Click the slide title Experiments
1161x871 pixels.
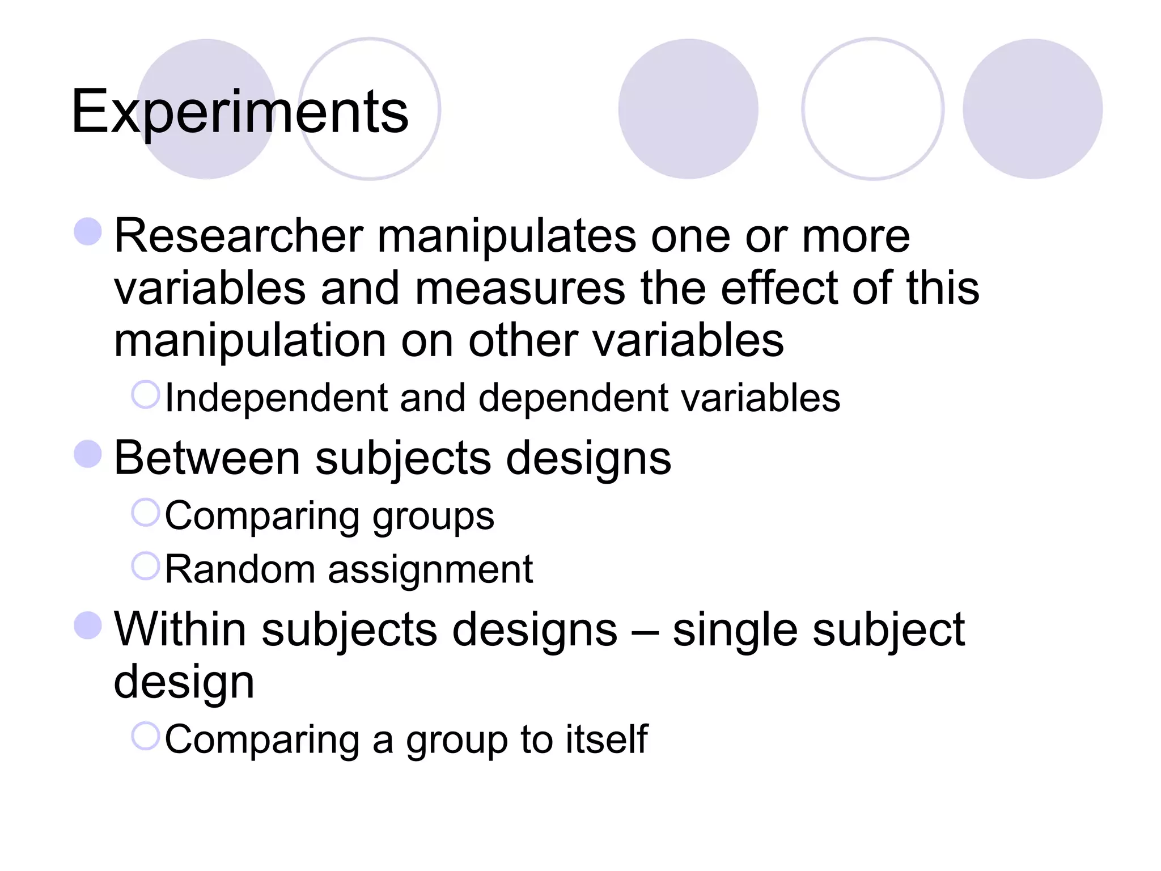[239, 112]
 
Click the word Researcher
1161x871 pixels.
[238, 236]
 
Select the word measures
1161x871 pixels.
[520, 289]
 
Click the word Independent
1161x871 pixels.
[276, 398]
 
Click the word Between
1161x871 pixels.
[207, 458]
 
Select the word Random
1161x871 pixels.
[240, 569]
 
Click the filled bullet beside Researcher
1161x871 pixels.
[88, 232]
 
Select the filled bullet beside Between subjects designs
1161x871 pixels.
[88, 454]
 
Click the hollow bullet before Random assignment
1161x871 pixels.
[146, 566]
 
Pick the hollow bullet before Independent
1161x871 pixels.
[146, 395]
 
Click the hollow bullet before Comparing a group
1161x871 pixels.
[146, 736]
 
